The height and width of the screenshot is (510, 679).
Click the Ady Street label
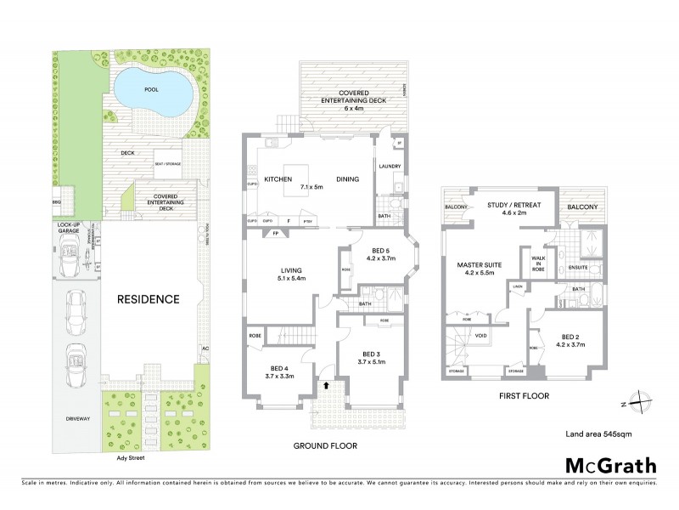131,457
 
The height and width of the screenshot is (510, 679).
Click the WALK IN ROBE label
537,262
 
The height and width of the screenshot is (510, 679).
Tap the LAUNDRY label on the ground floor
390,167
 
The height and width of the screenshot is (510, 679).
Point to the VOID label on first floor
480,336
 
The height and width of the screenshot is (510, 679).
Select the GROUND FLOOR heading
325,445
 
